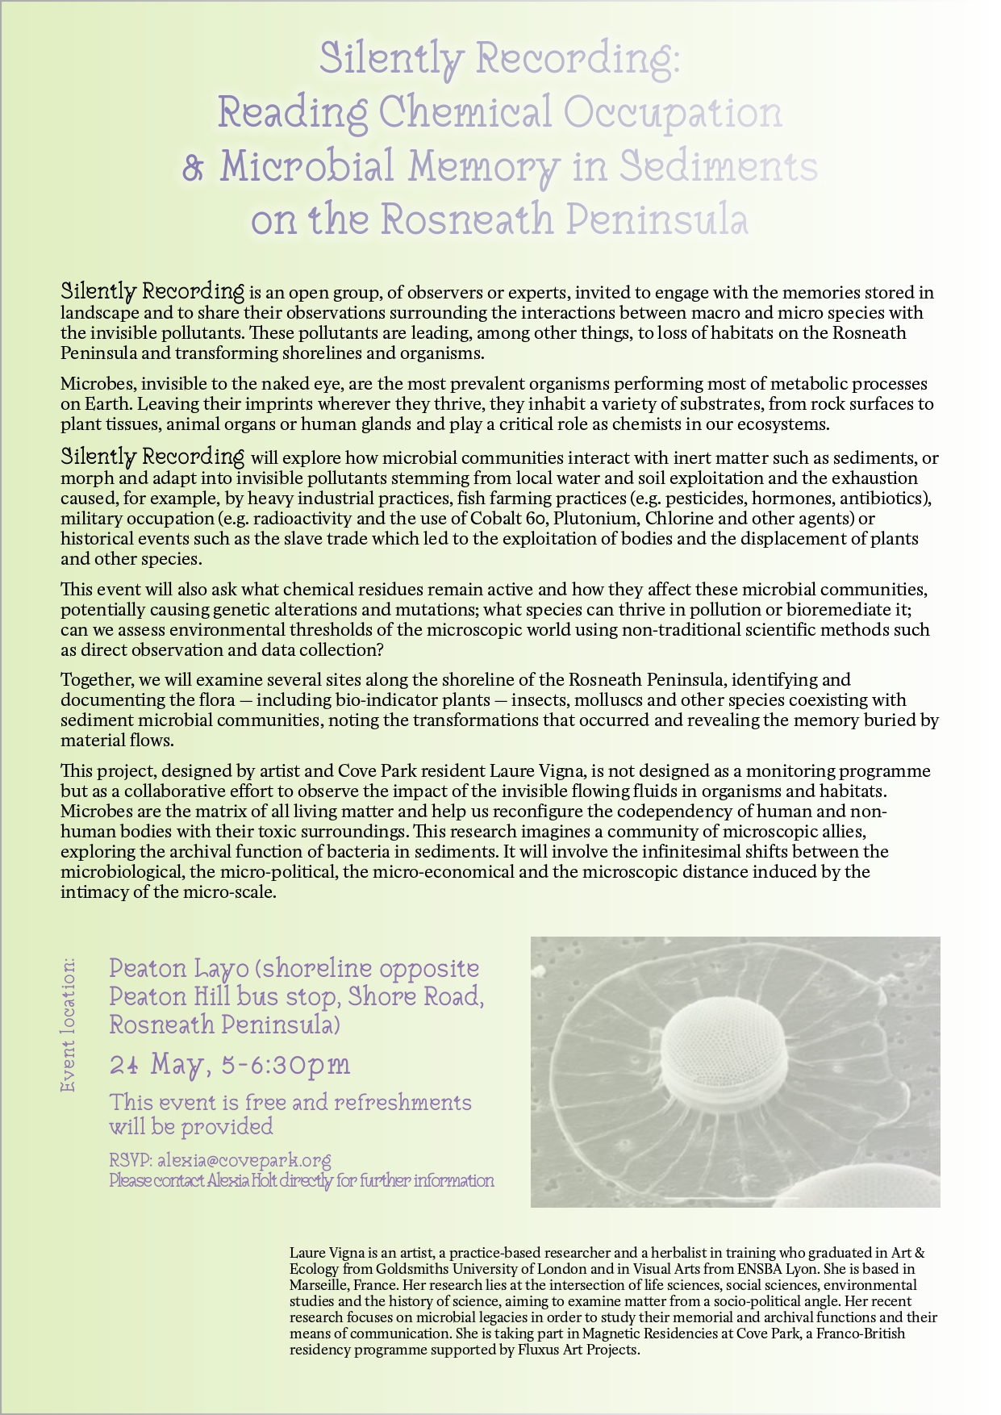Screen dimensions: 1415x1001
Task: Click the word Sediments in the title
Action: [718, 167]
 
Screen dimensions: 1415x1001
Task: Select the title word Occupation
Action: [673, 113]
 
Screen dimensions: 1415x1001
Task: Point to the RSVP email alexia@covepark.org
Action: [244, 1160]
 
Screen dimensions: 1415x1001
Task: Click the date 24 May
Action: [155, 1066]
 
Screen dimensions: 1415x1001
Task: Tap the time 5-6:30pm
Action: [285, 1065]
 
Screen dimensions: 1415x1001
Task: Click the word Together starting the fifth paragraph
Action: [93, 680]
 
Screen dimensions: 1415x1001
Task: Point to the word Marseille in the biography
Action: [320, 1285]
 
